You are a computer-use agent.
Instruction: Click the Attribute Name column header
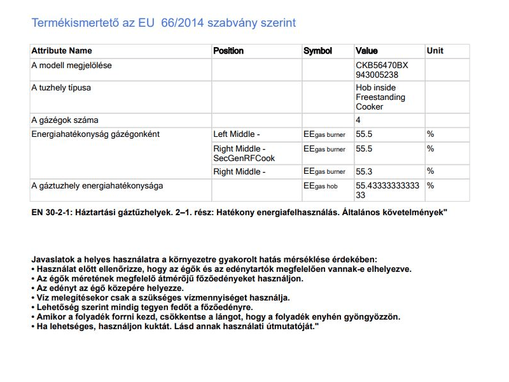62,51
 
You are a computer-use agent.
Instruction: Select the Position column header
228,51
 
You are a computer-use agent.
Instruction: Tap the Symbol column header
317,51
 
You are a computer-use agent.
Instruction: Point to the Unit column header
435,51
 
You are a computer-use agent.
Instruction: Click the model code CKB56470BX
382,66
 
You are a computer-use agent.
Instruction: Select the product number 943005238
377,74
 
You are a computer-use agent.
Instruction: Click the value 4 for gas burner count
358,120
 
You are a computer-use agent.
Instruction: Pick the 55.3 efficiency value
364,172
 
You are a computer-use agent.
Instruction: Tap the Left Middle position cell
236,134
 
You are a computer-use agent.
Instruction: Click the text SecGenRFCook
244,158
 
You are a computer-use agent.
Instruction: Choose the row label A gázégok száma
65,120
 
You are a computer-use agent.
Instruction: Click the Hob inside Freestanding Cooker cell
380,97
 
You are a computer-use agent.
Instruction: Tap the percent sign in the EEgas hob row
430,186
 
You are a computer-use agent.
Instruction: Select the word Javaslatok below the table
55,259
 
